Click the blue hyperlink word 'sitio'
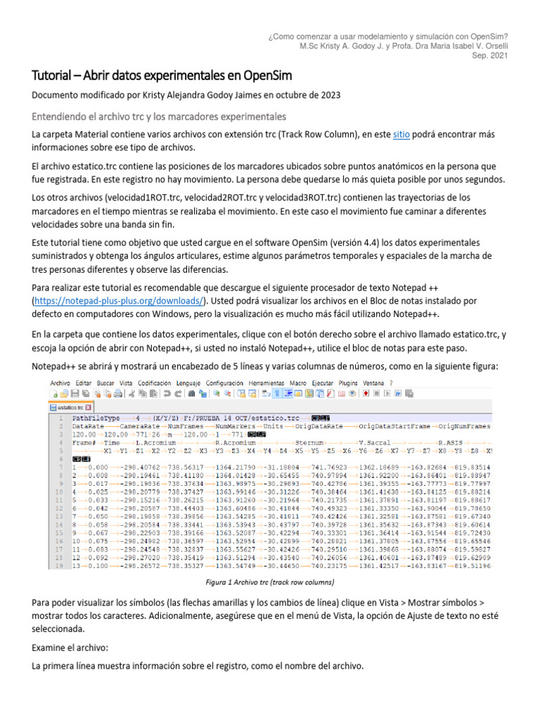pyautogui.click(x=401, y=134)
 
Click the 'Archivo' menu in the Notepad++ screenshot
pyautogui.click(x=60, y=382)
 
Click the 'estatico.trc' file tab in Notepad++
pyautogui.click(x=72, y=407)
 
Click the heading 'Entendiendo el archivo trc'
pyautogui.click(x=159, y=115)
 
